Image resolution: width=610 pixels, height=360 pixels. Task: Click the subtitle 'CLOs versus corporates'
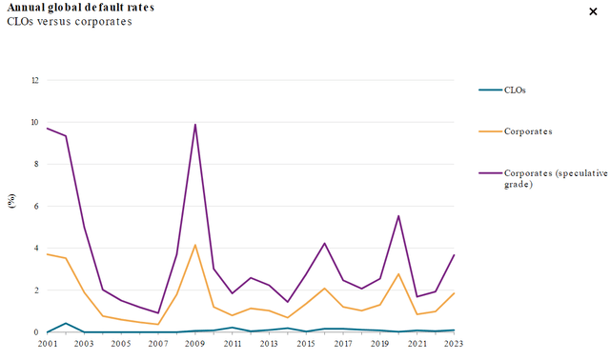point(70,21)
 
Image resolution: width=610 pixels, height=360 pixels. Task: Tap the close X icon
point(594,10)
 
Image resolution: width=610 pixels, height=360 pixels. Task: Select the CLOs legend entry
point(515,90)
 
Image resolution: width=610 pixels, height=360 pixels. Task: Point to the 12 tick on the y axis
point(35,80)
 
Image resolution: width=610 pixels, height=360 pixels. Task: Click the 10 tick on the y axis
point(35,122)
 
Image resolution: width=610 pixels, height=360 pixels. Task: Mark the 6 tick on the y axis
point(36,206)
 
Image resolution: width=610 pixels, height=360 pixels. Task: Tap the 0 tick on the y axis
point(36,332)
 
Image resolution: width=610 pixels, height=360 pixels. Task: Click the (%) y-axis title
point(11,200)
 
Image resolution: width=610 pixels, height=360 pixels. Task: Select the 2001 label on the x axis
point(47,343)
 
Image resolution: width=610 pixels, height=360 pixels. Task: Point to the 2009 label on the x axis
point(195,343)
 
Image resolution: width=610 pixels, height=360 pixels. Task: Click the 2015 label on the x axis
point(306,343)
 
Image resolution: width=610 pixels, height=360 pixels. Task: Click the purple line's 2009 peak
point(195,125)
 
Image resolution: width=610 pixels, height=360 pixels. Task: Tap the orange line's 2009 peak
point(195,245)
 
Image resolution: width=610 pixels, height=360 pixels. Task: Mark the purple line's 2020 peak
point(398,216)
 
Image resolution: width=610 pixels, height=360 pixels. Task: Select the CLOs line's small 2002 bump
point(66,324)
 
